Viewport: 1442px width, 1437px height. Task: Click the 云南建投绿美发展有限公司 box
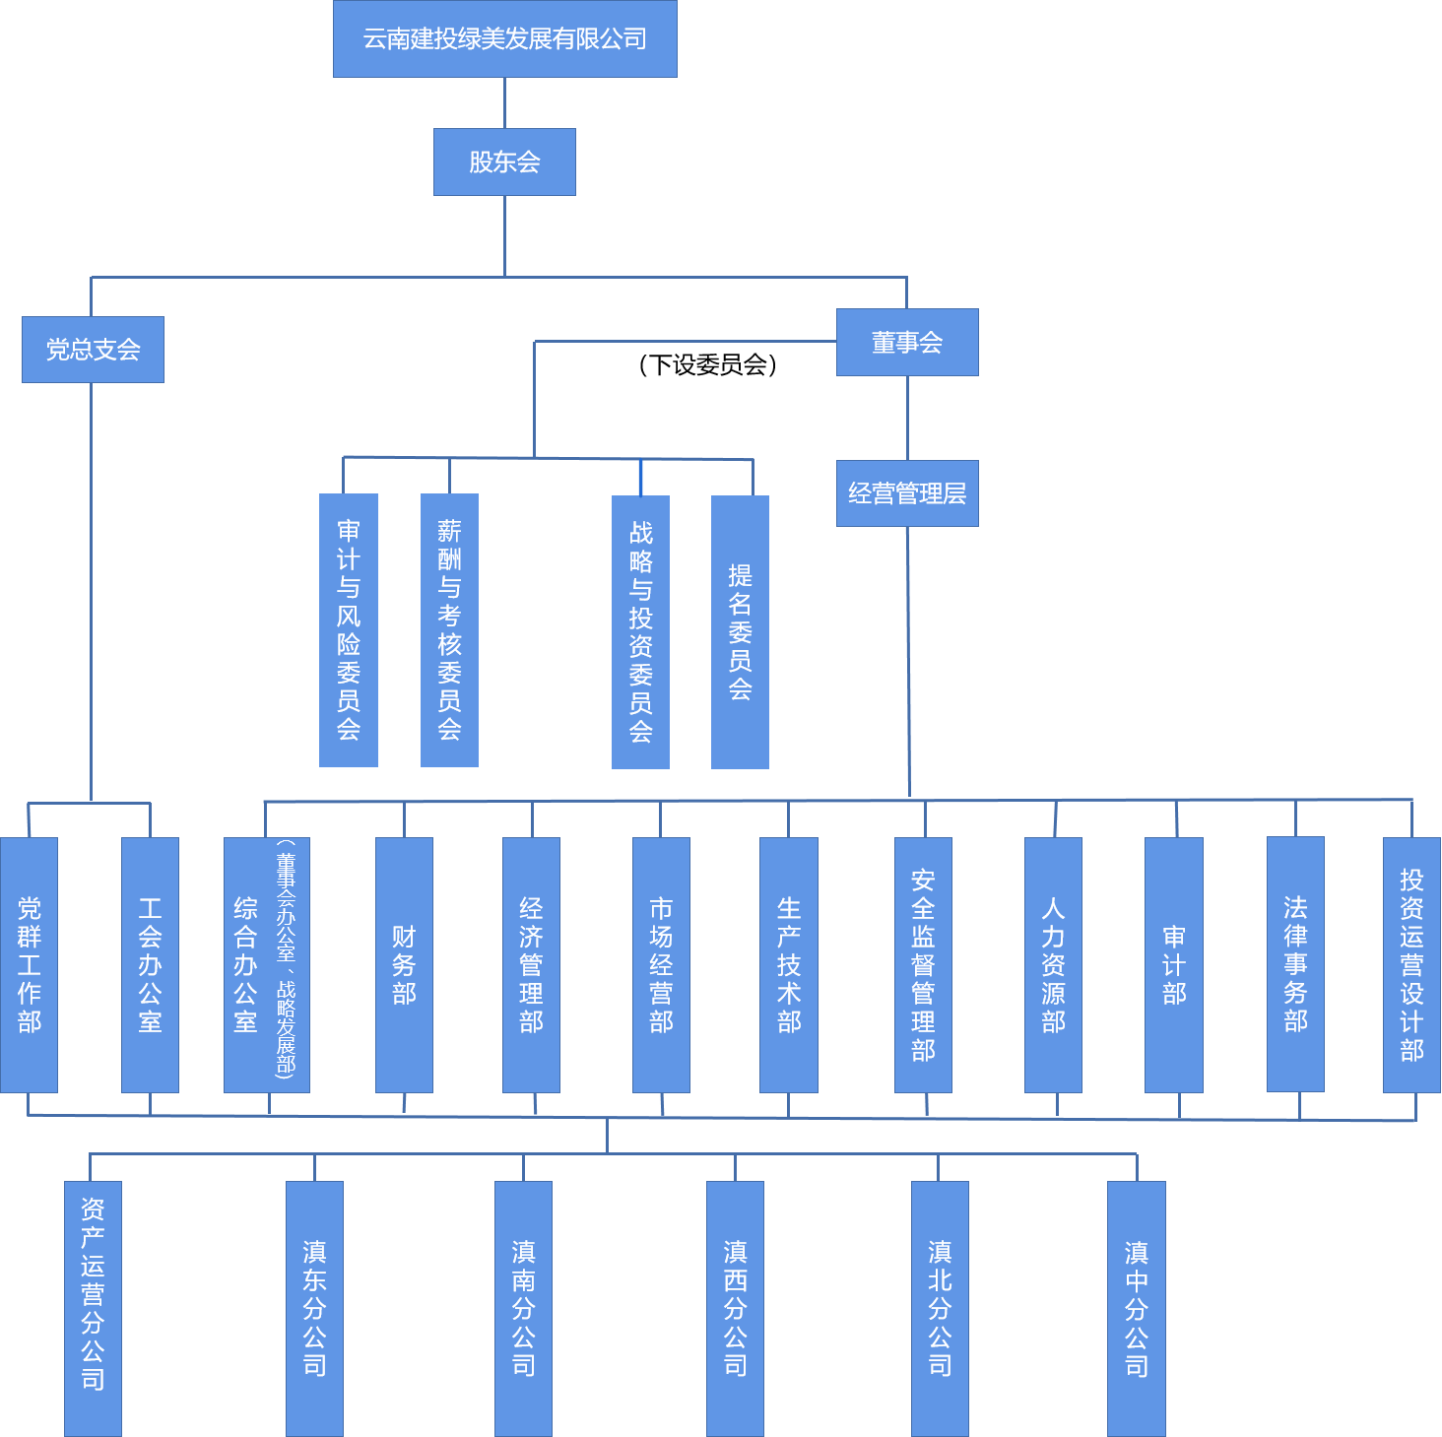click(504, 38)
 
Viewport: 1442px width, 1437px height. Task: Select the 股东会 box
click(504, 162)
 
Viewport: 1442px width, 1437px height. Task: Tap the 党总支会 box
click(93, 350)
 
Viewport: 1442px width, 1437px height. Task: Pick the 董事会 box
click(907, 342)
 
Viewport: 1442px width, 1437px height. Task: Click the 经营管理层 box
click(907, 493)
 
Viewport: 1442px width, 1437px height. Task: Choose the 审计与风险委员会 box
click(349, 630)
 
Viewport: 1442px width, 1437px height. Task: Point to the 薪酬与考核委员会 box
click(449, 630)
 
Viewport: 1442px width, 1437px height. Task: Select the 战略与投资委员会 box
click(640, 631)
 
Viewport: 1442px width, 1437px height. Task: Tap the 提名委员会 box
click(740, 631)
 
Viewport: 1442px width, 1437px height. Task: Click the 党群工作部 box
click(29, 965)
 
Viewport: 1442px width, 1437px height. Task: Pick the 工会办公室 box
click(150, 965)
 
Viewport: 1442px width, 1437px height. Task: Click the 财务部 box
click(404, 965)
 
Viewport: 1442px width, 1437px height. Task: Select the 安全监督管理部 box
click(923, 965)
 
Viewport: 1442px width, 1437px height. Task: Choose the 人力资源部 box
click(1053, 965)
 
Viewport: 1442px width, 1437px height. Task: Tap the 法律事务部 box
click(1295, 964)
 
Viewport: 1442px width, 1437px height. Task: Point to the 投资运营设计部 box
click(1411, 965)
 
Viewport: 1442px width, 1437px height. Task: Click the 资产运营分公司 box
click(93, 1309)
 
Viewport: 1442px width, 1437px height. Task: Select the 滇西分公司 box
click(735, 1309)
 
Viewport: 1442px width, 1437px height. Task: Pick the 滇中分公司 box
click(1136, 1309)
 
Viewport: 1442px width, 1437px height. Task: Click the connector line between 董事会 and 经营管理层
click(907, 418)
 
